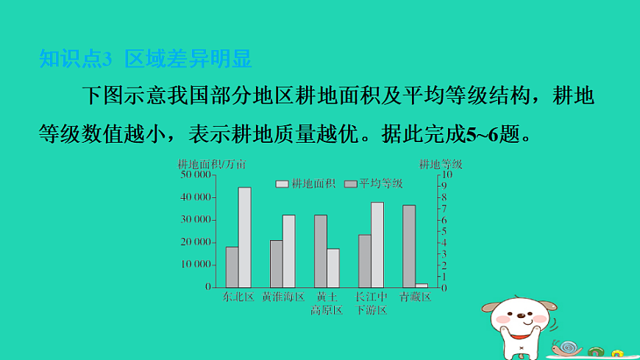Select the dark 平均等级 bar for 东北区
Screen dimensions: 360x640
click(x=232, y=267)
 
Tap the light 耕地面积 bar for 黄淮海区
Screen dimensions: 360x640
click(x=288, y=251)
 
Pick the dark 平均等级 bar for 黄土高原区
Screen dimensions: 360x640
click(x=321, y=251)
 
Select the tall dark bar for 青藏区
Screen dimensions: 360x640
click(x=409, y=246)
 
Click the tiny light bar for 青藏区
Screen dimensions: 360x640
click(x=422, y=285)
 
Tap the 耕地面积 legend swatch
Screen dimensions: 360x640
click(x=282, y=183)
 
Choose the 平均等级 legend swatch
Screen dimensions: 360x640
click(x=350, y=183)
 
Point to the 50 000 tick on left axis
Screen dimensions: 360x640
click(x=196, y=175)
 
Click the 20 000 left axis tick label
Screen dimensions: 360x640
click(x=196, y=242)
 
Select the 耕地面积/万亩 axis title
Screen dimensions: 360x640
click(x=213, y=163)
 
